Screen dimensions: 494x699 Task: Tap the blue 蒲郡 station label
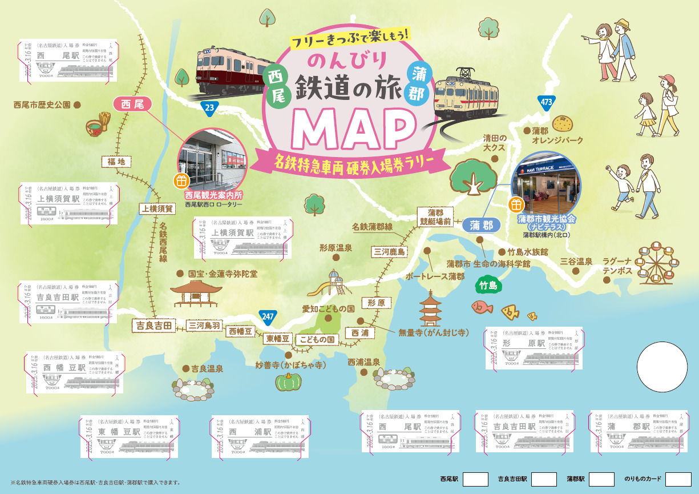pyautogui.click(x=481, y=225)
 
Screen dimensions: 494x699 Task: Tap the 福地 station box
pyautogui.click(x=116, y=162)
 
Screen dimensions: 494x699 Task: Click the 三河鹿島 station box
pyautogui.click(x=389, y=251)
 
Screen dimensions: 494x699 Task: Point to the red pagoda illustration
pyautogui.click(x=430, y=308)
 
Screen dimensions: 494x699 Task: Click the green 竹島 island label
pyautogui.click(x=489, y=284)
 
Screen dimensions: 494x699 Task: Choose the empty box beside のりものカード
pyautogui.click(x=678, y=479)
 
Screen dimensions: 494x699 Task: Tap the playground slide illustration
pyautogui.click(x=332, y=283)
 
